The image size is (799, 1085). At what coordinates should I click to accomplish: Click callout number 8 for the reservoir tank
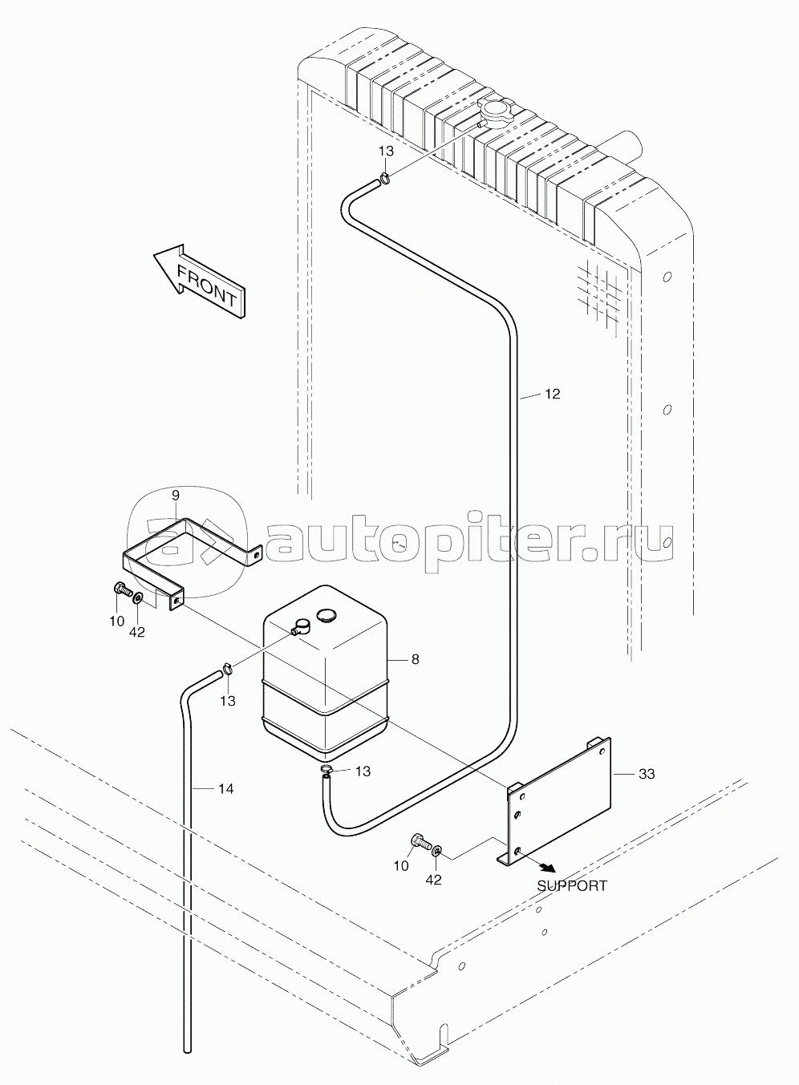[x=415, y=659]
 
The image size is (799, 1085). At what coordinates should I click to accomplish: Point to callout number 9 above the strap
[x=176, y=496]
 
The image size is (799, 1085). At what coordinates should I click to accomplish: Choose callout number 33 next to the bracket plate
[x=647, y=774]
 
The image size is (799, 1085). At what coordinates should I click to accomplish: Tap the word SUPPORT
[x=572, y=885]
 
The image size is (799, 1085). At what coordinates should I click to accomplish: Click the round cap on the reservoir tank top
[x=325, y=616]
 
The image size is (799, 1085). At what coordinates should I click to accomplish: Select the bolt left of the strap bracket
[x=122, y=590]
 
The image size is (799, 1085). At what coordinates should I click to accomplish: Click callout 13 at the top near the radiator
[x=386, y=151]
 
